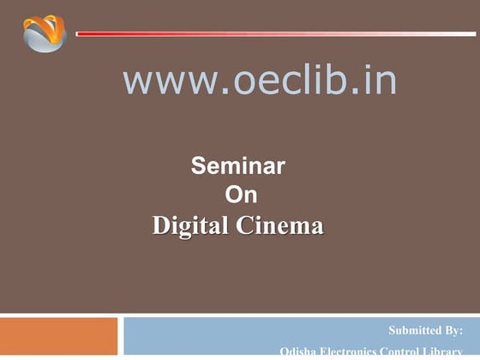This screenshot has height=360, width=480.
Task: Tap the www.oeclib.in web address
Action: click(x=260, y=81)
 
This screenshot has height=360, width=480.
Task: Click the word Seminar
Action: click(x=237, y=165)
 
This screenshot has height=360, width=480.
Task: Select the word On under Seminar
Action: click(x=240, y=195)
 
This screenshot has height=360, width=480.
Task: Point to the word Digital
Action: click(x=189, y=226)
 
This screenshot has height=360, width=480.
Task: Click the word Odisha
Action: click(x=297, y=351)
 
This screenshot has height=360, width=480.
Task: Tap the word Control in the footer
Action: click(x=403, y=351)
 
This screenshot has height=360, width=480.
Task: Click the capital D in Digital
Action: click(x=160, y=226)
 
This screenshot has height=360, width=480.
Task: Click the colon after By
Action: click(x=461, y=331)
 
